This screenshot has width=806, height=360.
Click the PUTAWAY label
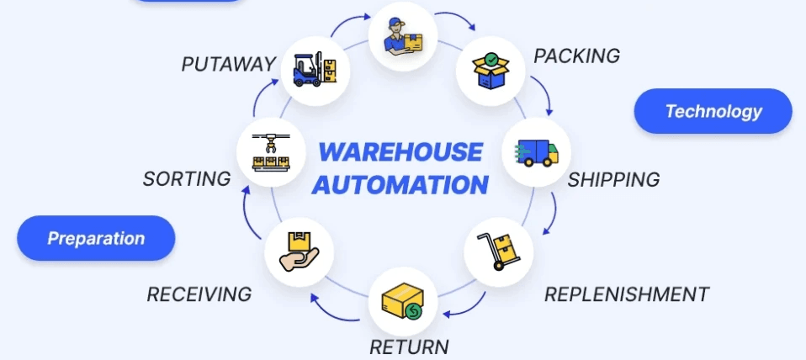[x=229, y=64]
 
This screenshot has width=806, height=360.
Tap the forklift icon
[x=315, y=69]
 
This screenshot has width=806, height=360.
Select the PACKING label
[x=577, y=56]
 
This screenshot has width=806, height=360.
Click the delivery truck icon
[x=536, y=152]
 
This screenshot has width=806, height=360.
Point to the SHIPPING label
[x=613, y=180]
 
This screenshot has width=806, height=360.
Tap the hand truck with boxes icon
[x=499, y=251]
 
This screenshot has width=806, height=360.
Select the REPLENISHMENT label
[x=627, y=294]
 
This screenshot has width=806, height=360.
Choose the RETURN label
[x=410, y=347]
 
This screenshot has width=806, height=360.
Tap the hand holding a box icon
[x=299, y=251]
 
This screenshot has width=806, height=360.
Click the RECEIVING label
[x=199, y=294]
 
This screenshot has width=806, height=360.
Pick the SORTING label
[x=187, y=179]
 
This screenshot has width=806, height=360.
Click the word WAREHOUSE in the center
[x=400, y=152]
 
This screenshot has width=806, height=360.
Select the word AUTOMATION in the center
[x=400, y=184]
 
